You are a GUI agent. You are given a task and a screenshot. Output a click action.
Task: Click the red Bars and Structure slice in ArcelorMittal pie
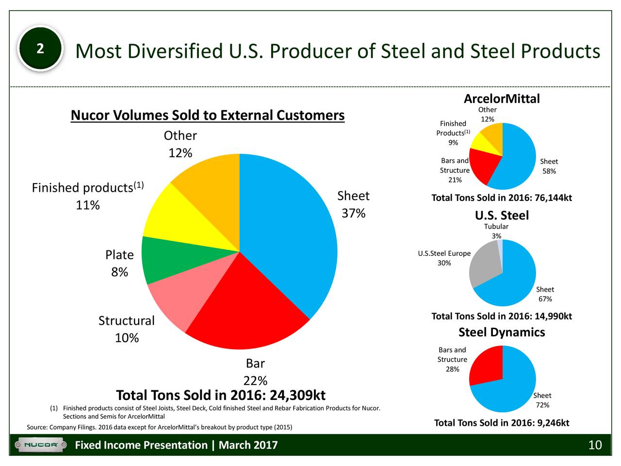point(483,165)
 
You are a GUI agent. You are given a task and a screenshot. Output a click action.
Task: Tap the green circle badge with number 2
point(40,49)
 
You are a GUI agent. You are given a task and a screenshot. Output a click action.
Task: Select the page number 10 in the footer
point(594,445)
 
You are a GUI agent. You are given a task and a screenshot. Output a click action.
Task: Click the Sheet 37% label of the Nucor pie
point(353,205)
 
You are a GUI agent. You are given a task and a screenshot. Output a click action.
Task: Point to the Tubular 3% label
point(496,231)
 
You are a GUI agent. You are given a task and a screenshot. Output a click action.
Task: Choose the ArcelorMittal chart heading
point(501,99)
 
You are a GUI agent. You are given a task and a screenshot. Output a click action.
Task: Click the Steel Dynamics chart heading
point(502,332)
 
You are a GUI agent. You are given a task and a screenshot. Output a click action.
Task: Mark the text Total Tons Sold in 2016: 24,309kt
point(221,396)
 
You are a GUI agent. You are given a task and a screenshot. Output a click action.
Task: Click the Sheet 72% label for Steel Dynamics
point(542,400)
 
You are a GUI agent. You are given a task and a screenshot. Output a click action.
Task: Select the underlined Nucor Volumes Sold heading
point(207,116)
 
